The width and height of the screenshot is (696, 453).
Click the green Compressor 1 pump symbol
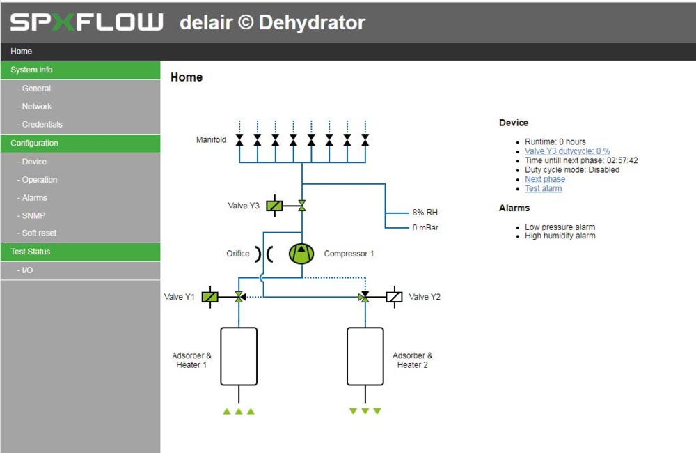point(301,254)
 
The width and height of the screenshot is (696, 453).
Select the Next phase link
point(545,178)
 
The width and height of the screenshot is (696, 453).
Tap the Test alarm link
point(544,188)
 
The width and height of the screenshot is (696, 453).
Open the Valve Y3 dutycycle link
point(567,151)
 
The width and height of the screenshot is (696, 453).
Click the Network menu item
point(36,106)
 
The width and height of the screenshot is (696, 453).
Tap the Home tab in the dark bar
point(22,51)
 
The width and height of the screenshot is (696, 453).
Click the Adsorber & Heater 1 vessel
point(239,356)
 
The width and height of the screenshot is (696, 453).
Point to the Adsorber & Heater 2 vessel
point(365,356)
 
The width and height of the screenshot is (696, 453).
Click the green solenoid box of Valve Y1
point(210,296)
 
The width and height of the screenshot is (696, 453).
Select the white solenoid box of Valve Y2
point(394,296)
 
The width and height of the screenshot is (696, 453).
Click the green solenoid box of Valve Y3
point(274,206)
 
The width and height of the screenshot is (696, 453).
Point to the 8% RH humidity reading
point(425,212)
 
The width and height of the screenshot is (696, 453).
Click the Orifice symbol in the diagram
point(264,254)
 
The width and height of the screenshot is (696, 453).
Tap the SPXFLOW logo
point(86,22)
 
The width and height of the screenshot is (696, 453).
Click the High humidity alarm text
point(560,236)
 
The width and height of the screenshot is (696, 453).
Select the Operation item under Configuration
point(40,180)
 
